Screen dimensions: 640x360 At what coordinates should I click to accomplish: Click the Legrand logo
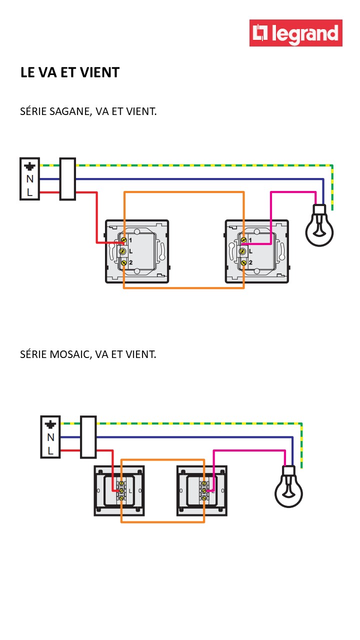click(295, 33)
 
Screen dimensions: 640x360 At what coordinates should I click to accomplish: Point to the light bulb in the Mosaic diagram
click(289, 490)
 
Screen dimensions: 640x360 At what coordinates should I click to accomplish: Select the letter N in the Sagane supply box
click(30, 179)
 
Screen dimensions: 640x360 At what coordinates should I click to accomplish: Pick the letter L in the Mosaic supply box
click(50, 450)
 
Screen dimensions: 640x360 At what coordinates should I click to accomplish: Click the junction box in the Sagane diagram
click(67, 179)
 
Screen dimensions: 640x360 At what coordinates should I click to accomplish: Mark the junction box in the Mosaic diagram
click(88, 437)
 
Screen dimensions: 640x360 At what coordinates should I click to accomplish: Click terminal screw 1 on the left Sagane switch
click(122, 241)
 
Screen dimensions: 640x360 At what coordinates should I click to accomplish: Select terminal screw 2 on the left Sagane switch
click(122, 262)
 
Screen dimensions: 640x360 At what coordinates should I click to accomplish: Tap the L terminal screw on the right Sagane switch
click(242, 251)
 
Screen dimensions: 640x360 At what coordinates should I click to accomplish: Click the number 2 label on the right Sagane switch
click(250, 262)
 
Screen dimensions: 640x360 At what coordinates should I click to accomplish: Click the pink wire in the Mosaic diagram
click(250, 451)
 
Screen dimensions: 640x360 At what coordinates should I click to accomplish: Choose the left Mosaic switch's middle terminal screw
click(121, 491)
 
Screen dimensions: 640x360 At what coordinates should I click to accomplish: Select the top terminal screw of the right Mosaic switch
click(204, 484)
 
